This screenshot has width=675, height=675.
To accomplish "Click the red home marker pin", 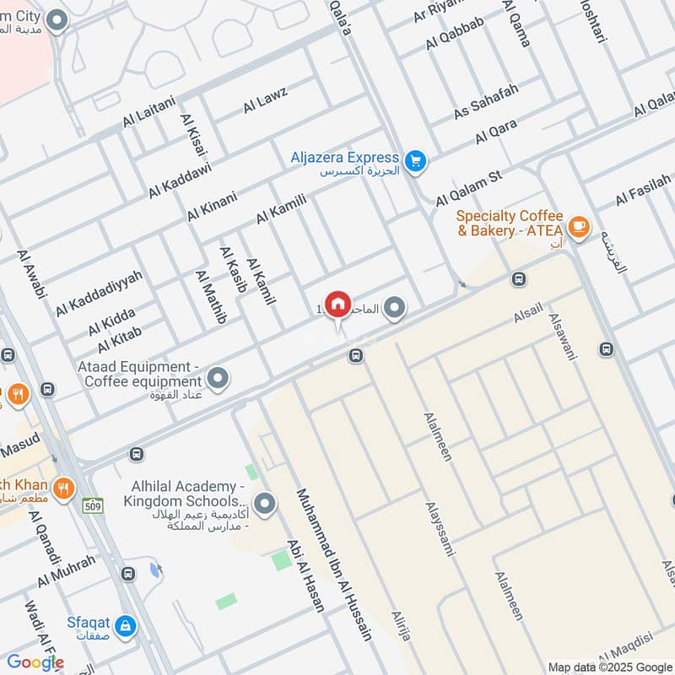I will coord(337,304).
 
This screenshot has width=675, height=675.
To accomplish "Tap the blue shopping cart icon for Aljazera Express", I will coord(414,160).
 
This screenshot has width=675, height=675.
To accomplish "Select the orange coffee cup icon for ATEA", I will coord(578,225).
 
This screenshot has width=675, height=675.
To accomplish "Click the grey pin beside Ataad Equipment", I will coord(219,379).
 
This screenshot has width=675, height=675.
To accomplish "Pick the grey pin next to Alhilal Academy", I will coord(265,504).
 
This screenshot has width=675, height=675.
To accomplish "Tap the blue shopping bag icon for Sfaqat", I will coord(127,625).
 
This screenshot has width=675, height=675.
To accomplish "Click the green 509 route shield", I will coord(93,506).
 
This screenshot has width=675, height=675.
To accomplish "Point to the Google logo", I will coord(35,662).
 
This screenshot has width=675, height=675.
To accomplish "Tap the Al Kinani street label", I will coord(212,206).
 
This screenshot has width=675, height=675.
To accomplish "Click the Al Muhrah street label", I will coord(67,572).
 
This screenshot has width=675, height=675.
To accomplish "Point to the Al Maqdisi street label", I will coord(633,651).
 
